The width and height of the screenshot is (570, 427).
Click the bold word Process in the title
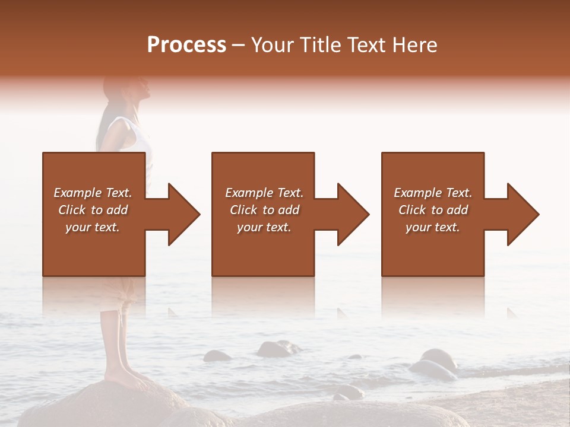[186, 45]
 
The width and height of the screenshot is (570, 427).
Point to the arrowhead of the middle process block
[353, 214]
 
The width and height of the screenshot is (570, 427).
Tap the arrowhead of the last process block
[522, 214]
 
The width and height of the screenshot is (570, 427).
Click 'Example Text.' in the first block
[93, 193]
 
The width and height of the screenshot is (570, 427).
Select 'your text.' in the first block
[93, 227]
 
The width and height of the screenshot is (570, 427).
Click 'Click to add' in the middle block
[264, 210]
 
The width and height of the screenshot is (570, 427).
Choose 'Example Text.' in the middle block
[264, 193]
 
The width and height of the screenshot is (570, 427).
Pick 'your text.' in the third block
[433, 227]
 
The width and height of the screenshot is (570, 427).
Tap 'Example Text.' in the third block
[433, 193]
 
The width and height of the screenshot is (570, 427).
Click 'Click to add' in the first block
[93, 210]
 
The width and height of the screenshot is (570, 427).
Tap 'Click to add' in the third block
[433, 210]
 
